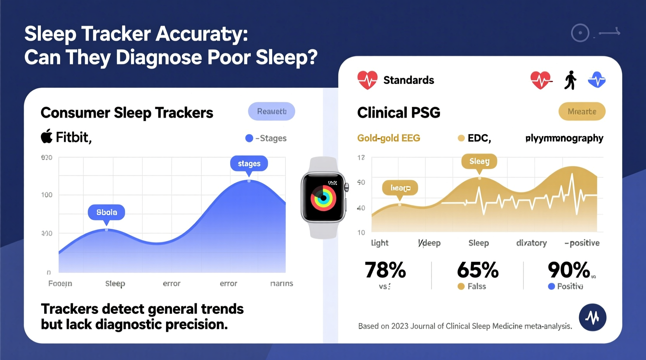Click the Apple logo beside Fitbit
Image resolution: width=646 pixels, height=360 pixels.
click(47, 137)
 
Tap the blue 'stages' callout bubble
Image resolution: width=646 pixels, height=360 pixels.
click(249, 164)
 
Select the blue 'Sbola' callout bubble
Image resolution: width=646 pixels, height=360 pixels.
click(106, 212)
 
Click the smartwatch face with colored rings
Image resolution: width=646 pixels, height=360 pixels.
click(323, 198)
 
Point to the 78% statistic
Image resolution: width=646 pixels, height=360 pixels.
click(385, 270)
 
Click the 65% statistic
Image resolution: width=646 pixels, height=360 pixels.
click(478, 270)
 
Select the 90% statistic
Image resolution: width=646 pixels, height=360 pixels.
click(569, 270)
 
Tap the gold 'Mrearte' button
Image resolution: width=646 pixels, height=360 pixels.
click(582, 112)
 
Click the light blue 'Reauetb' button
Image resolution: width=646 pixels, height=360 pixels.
click(271, 112)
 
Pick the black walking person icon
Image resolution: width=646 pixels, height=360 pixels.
click(570, 80)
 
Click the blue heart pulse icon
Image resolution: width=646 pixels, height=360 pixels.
click(596, 80)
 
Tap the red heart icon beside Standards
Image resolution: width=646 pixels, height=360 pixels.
click(367, 80)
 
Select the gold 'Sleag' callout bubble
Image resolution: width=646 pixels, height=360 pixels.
click(479, 161)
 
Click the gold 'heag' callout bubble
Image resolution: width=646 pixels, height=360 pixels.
click(400, 188)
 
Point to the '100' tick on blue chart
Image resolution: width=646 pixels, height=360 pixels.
click(47, 195)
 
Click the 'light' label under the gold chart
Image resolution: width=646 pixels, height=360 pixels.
click(379, 243)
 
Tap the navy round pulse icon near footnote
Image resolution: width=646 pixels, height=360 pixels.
click(592, 317)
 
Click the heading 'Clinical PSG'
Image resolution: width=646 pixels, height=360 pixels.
click(398, 113)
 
